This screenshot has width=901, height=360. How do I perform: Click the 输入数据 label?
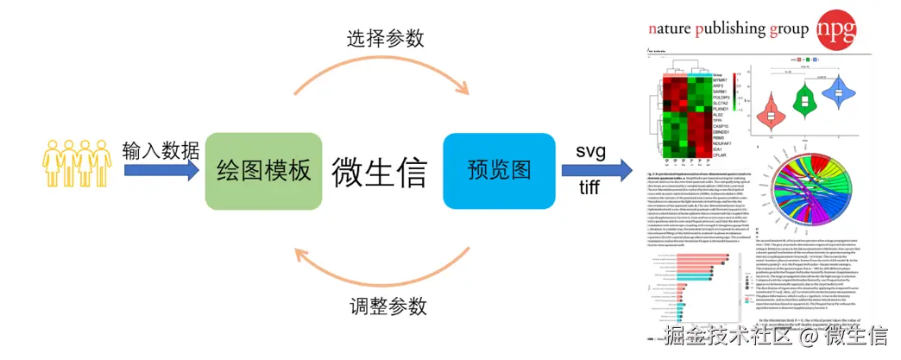click(x=161, y=148)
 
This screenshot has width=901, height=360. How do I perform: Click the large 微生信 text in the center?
click(x=379, y=170)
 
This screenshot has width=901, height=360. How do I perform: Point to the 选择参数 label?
click(x=380, y=37)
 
